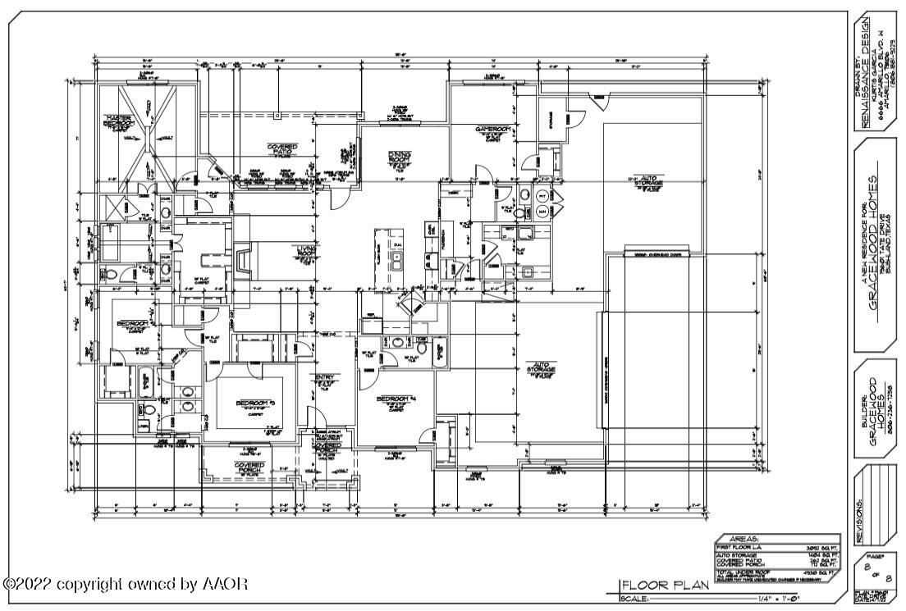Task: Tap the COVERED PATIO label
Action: tap(282, 148)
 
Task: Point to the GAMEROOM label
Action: tap(493, 130)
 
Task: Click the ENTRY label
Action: tap(323, 378)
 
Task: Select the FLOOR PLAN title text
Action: tap(652, 586)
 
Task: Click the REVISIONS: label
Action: tap(859, 519)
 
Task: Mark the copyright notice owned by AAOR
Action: tap(126, 585)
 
